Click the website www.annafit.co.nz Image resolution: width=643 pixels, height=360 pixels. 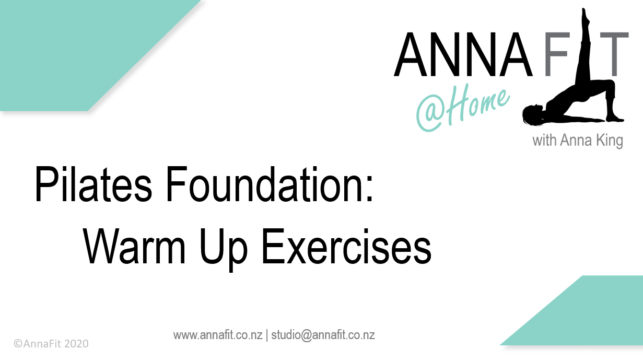pos(218,335)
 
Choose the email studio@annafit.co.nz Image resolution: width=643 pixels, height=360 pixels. pos(323,335)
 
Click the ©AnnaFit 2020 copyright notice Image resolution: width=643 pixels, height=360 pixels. pos(51,343)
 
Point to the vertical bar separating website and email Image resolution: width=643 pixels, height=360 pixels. pos(267,335)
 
